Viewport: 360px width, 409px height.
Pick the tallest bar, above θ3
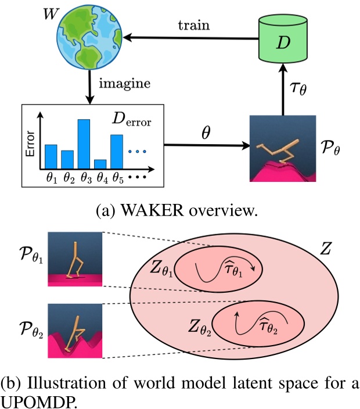(x=84, y=143)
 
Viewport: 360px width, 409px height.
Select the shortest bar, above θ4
(x=100, y=163)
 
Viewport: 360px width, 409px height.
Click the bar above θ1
(x=51, y=156)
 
